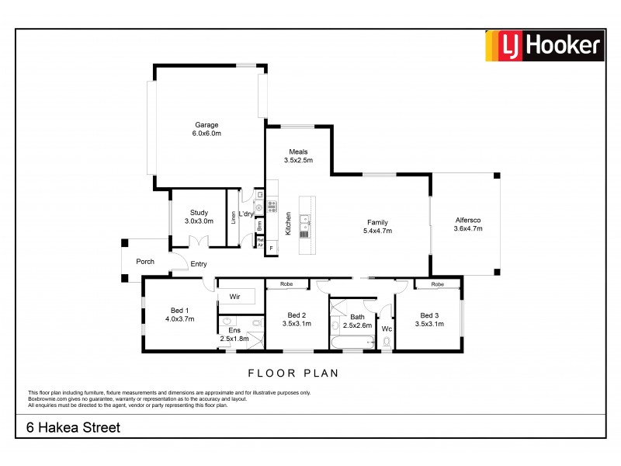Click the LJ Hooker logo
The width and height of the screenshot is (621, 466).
(544, 46)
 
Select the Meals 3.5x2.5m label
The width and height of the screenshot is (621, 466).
(299, 156)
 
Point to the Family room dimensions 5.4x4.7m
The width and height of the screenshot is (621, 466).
(377, 231)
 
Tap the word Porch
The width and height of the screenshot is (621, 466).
(145, 262)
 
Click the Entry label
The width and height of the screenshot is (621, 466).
(199, 264)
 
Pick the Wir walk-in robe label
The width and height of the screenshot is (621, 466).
(234, 296)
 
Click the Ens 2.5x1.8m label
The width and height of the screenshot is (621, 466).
(234, 335)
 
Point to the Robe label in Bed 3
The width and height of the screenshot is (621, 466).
(438, 284)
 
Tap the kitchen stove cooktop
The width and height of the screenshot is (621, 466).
(272, 207)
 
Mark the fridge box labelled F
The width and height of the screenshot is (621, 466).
(271, 249)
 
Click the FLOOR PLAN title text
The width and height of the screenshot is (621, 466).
(293, 373)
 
